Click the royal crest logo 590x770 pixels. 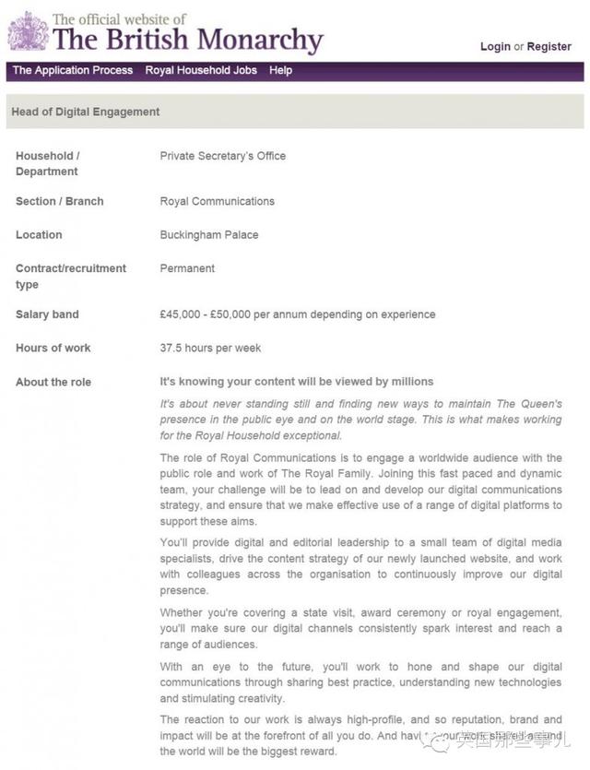pos(28,32)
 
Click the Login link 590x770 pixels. pos(495,47)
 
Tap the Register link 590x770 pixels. pos(549,47)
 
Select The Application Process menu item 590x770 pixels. pos(73,71)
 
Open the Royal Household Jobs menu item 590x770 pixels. pos(201,71)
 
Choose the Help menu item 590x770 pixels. pos(281,71)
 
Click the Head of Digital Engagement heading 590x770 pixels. pos(86,113)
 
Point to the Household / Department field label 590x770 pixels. pos(48,164)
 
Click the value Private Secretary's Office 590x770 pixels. pos(223,157)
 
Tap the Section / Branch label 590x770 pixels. pos(60,202)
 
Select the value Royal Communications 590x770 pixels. pos(218,202)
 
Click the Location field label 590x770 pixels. pos(39,235)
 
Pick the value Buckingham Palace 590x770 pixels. pos(209,235)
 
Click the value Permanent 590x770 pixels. pos(187,269)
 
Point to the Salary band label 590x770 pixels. pos(47,315)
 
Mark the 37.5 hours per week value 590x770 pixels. pos(210,349)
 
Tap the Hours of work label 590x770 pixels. pos(53,349)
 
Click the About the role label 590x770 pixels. pos(53,383)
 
